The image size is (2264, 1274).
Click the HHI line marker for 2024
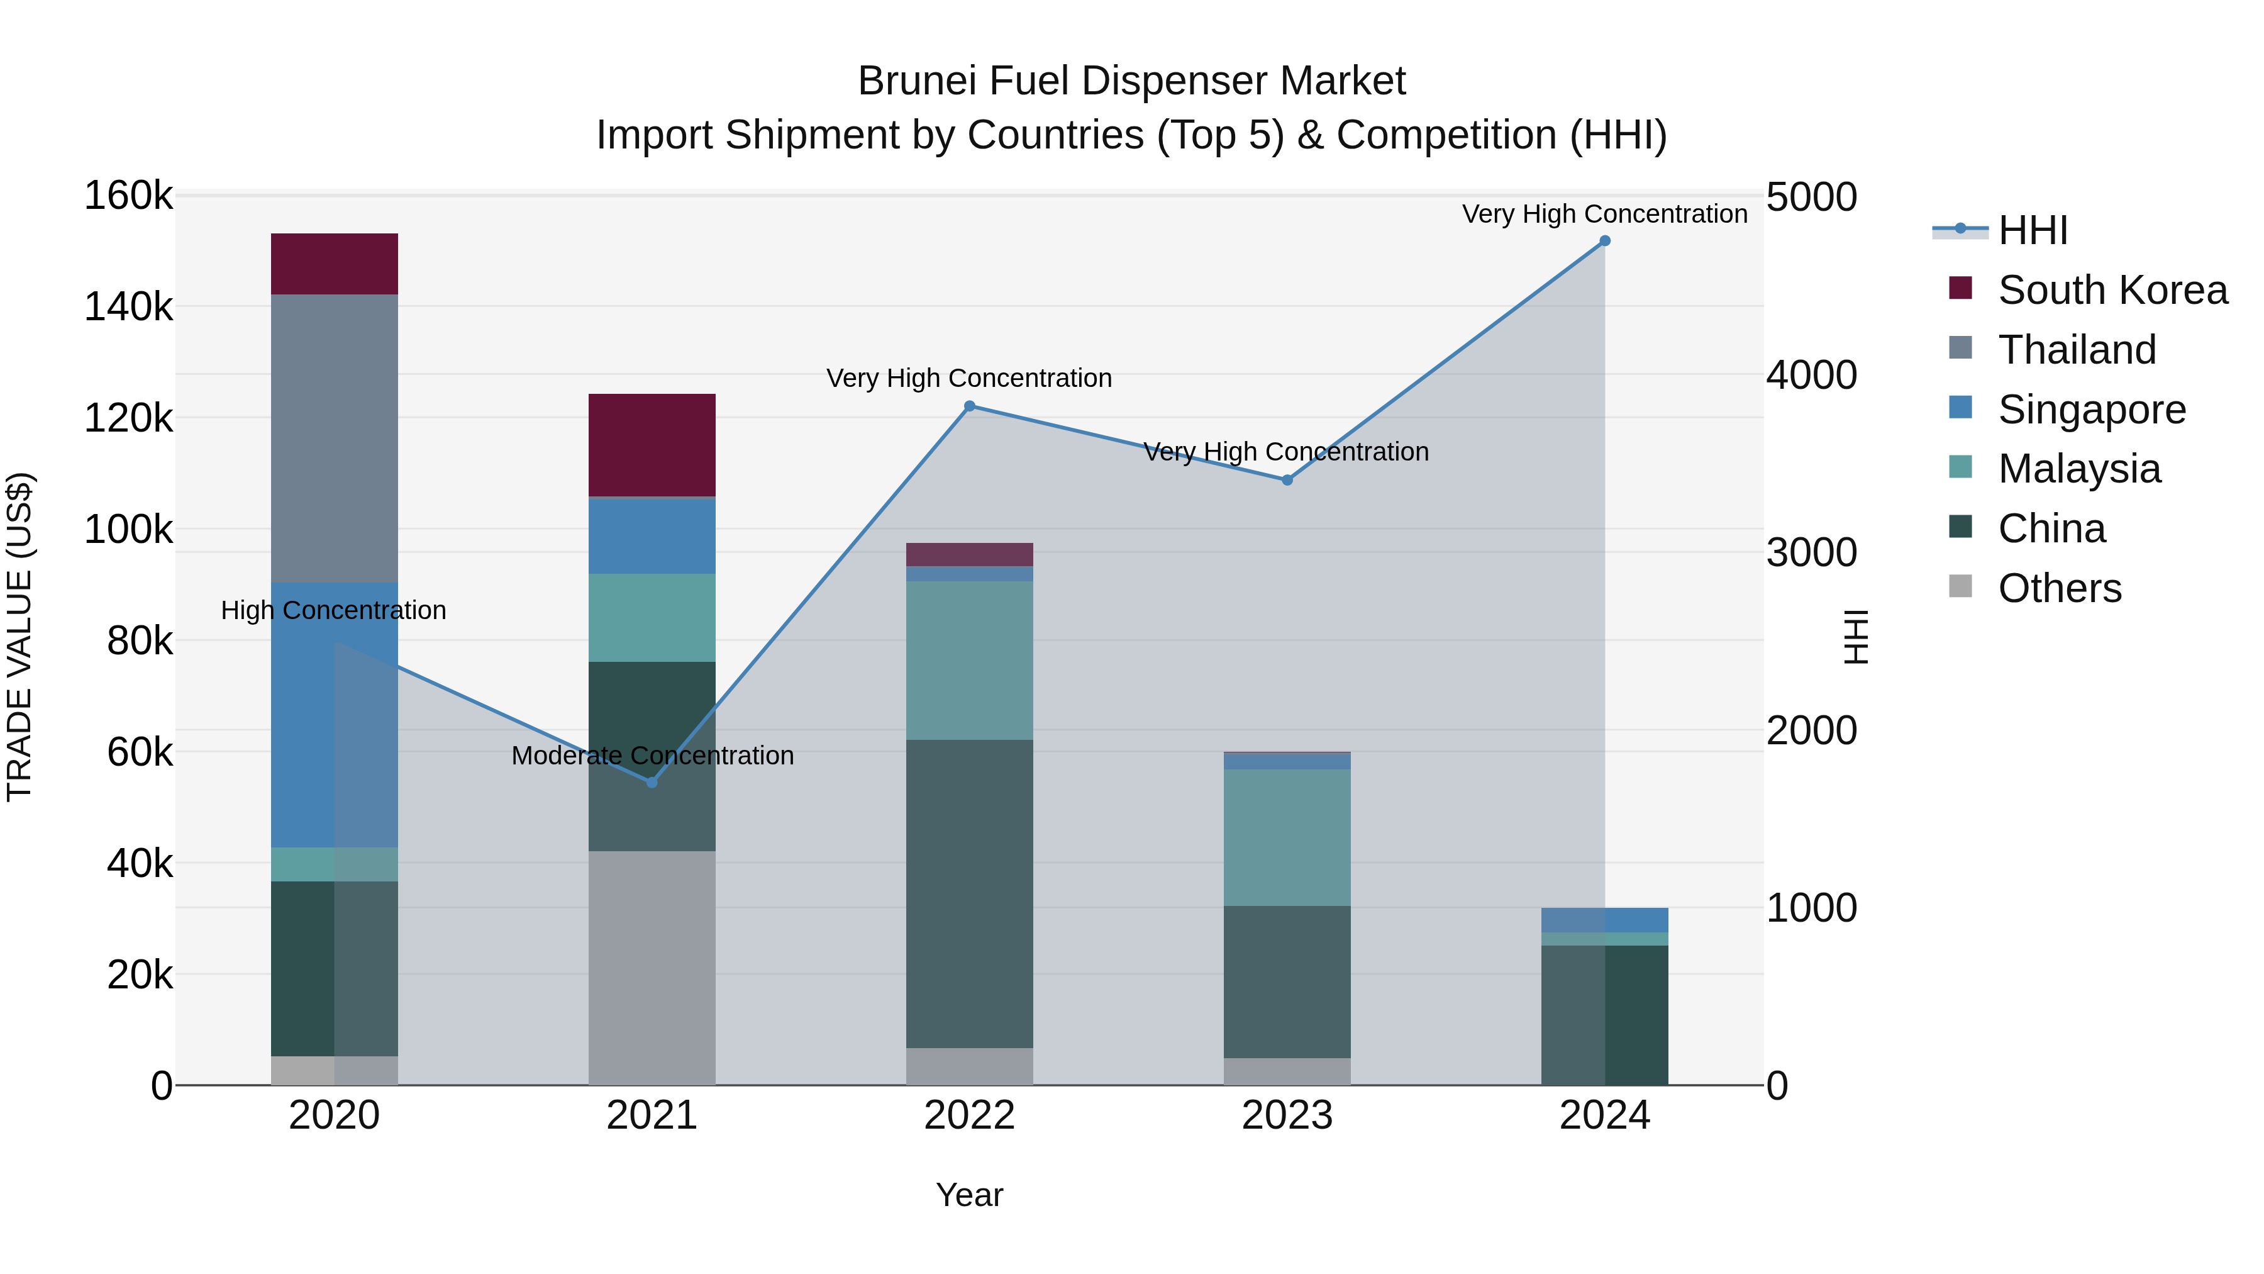pos(1605,241)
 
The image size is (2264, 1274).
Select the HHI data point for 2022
pos(969,406)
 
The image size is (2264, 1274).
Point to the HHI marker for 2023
pos(1287,480)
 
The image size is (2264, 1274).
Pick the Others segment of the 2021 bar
pos(652,967)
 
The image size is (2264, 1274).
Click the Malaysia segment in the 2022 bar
pos(969,659)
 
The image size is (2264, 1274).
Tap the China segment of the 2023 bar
pos(1287,981)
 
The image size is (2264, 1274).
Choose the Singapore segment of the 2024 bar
pos(1605,920)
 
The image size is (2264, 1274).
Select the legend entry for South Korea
pos(2112,290)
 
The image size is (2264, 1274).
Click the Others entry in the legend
pos(2059,588)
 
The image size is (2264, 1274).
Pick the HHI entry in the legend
pos(2032,230)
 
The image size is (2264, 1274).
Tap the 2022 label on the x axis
pos(969,1115)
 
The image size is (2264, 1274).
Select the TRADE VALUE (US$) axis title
pos(19,637)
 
